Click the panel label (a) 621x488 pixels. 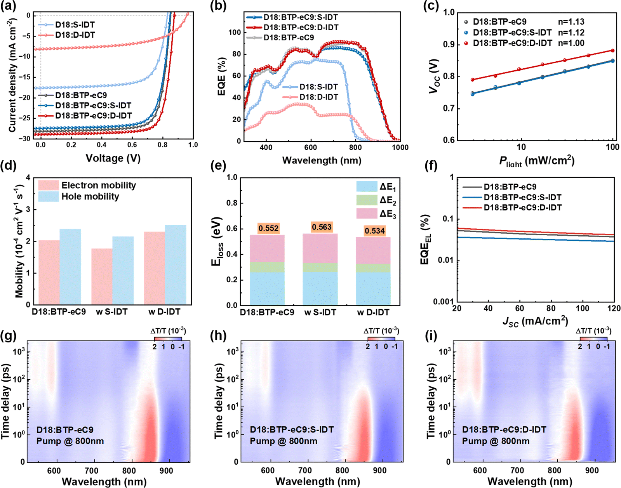pos(8,7)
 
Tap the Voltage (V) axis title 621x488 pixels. pos(113,158)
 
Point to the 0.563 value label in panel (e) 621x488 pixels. pos(322,227)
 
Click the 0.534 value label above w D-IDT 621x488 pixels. pos(375,231)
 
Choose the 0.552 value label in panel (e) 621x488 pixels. pos(269,228)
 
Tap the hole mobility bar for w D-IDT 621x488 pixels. pos(176,264)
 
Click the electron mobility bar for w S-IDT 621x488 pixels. pos(102,276)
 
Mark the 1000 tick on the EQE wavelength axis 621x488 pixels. pos(400,148)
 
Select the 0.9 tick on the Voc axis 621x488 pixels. pos(449,45)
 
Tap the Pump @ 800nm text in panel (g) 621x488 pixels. pos(70,441)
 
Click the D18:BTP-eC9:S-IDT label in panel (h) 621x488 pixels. pos(291,430)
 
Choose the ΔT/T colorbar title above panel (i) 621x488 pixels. pos(593,331)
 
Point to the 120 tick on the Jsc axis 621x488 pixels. pos(614,308)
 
